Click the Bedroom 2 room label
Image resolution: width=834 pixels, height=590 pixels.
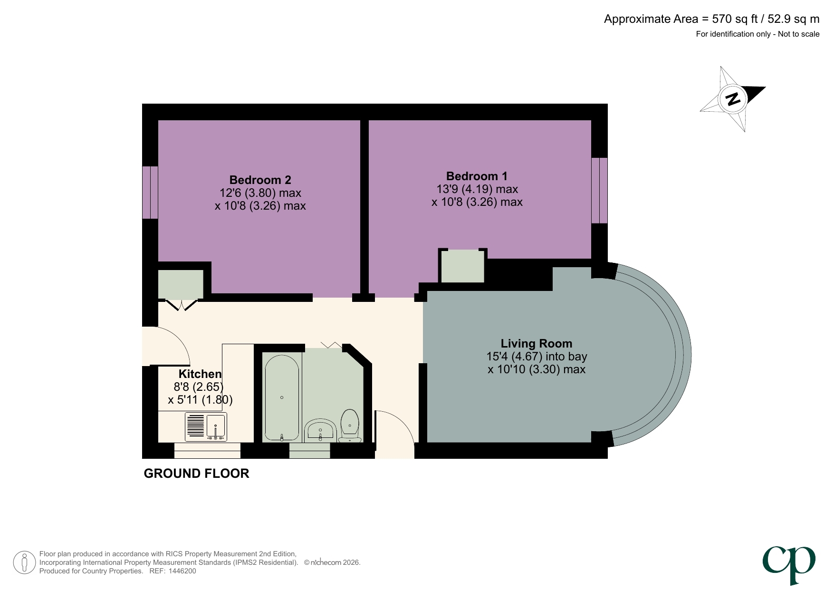(x=260, y=180)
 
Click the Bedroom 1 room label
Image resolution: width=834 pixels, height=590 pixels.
(x=477, y=176)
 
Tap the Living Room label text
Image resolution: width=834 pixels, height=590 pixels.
(x=536, y=343)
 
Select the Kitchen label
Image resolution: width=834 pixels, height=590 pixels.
(x=200, y=374)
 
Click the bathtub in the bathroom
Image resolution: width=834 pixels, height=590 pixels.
(x=282, y=397)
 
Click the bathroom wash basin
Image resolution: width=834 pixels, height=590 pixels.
(x=320, y=430)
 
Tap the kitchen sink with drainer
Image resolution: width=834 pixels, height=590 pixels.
(x=206, y=426)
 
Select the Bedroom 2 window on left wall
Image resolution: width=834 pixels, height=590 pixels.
(x=150, y=192)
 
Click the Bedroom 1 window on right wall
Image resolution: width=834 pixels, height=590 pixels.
(x=600, y=190)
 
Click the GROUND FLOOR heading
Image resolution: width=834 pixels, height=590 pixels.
(x=196, y=474)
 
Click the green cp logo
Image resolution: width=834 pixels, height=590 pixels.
(x=789, y=564)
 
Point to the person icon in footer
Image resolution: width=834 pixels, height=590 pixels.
(x=24, y=562)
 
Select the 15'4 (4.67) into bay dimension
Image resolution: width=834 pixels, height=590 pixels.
(x=536, y=357)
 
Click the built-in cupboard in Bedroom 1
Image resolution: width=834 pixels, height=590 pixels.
(x=462, y=266)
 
